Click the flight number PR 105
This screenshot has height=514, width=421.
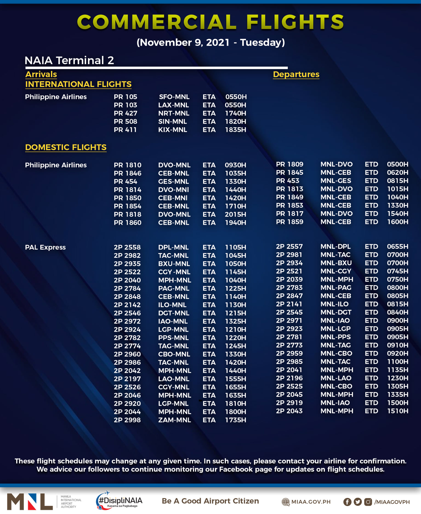point(125,97)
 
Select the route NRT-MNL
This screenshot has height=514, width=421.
point(173,113)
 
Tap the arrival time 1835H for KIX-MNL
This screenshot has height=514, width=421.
point(235,130)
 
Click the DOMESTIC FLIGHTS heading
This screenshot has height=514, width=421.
point(66,147)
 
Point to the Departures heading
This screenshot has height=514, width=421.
point(296,74)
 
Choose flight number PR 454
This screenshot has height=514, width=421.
point(125,181)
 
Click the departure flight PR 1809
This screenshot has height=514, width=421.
point(289,164)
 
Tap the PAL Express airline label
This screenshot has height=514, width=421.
point(45,247)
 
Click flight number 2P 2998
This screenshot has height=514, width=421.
point(127,420)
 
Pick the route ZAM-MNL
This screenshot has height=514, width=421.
point(174,420)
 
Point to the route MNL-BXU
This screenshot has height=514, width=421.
point(336,263)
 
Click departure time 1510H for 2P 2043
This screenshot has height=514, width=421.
point(397,411)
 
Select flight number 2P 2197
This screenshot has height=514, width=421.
point(127,379)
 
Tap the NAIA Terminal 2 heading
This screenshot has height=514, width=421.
point(69,60)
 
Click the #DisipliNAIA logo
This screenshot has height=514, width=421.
point(120,501)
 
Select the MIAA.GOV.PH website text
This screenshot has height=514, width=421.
point(311,502)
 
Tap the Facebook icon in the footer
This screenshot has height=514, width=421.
point(347,502)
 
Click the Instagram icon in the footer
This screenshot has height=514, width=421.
point(368,502)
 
